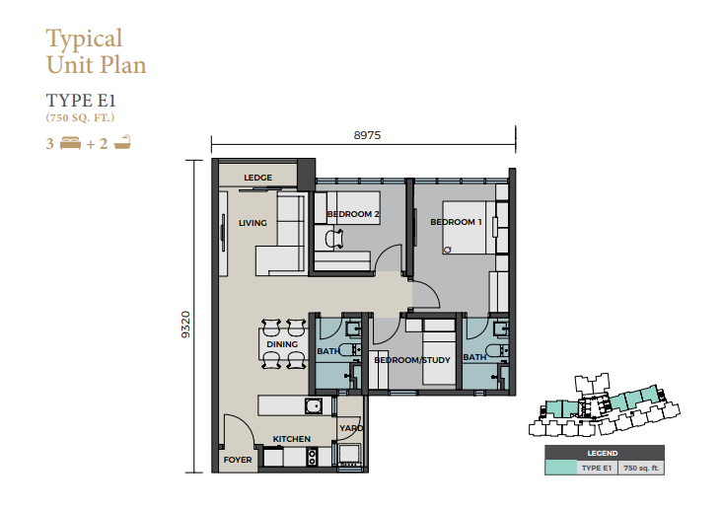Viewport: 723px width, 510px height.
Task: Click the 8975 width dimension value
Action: pos(367,135)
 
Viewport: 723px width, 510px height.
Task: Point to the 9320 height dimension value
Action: pos(185,325)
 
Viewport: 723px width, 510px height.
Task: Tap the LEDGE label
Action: pos(257,178)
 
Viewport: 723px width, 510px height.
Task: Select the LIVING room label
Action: pos(253,223)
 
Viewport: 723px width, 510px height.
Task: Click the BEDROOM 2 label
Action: pos(353,214)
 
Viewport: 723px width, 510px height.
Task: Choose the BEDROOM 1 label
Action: pos(456,222)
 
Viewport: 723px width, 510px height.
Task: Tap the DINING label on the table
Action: pos(282,344)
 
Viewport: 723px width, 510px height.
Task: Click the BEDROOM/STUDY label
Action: pos(412,360)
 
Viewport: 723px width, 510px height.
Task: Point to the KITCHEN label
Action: pos(291,439)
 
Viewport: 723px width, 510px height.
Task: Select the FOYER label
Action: pos(238,460)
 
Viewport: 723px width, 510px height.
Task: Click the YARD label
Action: pos(351,428)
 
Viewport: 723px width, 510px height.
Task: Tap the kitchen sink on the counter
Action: pos(314,406)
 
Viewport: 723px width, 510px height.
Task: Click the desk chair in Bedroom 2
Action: pos(334,239)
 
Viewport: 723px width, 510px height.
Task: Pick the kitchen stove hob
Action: pos(312,457)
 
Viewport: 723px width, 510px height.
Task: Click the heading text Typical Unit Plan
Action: pos(96,51)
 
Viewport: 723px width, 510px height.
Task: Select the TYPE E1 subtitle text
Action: pos(81,100)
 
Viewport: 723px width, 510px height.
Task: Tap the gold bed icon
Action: pos(71,143)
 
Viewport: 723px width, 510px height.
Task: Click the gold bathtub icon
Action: pos(122,142)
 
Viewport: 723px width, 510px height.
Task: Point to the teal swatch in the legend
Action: pos(560,468)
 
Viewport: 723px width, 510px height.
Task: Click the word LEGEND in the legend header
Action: pos(603,454)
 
